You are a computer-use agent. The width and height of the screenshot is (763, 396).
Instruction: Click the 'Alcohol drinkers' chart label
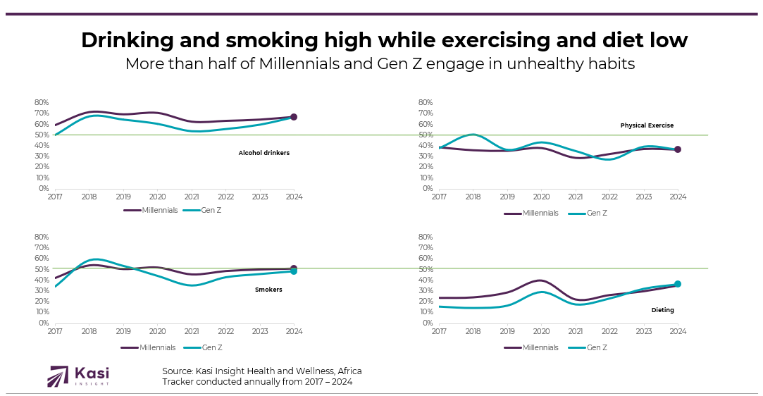coord(263,153)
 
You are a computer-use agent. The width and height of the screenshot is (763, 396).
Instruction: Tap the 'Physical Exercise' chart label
coord(647,125)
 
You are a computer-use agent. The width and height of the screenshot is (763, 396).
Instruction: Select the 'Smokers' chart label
coord(268,290)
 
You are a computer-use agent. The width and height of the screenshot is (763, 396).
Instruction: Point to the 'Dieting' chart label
coord(662,310)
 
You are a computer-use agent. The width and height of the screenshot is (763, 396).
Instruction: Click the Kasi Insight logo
coord(78,376)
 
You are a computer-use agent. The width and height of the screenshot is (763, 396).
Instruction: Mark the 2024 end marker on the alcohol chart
coord(294,117)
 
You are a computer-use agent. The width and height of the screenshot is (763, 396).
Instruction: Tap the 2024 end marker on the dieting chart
coord(677,284)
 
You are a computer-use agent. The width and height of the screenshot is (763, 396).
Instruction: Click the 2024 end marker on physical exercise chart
coord(677,149)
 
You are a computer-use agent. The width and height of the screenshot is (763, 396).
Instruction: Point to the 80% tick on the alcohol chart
coord(41,102)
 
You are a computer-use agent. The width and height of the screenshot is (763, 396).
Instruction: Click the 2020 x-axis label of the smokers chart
coord(157,332)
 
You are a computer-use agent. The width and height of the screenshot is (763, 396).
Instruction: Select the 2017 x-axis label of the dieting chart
coord(439,332)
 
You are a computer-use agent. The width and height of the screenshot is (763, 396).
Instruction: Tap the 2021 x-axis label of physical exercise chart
coord(576,197)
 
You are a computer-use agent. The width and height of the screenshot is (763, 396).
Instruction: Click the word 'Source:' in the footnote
coord(178,371)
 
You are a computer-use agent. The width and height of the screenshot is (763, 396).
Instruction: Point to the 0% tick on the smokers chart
coord(43,323)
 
